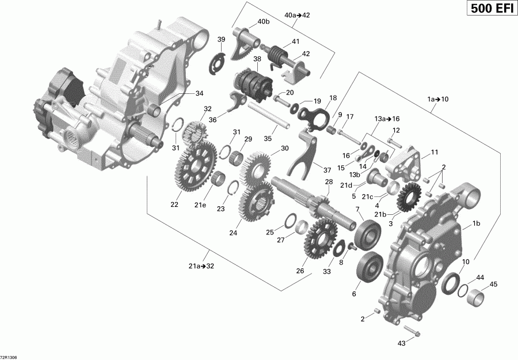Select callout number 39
tap(222, 39)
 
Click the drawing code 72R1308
tap(9, 356)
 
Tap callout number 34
tap(199, 93)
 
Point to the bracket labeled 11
tap(406, 162)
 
